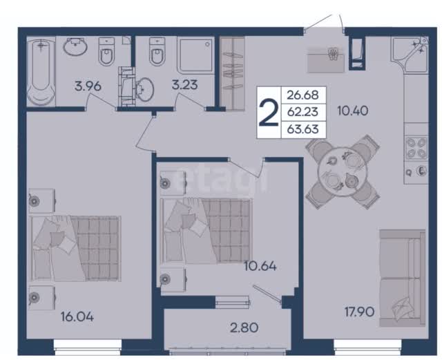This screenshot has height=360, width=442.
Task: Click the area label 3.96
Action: pyautogui.click(x=88, y=86)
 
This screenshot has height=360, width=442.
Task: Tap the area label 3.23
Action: pyautogui.click(x=184, y=84)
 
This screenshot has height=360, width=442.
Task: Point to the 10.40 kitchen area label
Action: pyautogui.click(x=353, y=111)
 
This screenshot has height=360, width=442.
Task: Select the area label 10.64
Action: pyautogui.click(x=260, y=266)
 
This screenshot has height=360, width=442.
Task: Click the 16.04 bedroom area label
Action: pyautogui.click(x=77, y=317)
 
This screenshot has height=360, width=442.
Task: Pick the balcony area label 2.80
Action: pyautogui.click(x=244, y=328)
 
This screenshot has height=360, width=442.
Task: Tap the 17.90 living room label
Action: pyautogui.click(x=359, y=312)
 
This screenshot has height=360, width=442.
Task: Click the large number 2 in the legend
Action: pyautogui.click(x=269, y=113)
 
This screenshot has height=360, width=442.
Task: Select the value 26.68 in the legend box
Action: pyautogui.click(x=302, y=95)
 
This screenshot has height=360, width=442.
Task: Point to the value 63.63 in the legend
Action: pyautogui.click(x=302, y=129)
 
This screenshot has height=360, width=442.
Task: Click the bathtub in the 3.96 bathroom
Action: pyautogui.click(x=41, y=72)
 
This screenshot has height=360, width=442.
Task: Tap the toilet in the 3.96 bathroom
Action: pyautogui.click(x=106, y=52)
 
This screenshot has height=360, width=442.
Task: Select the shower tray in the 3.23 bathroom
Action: pyautogui.click(x=195, y=55)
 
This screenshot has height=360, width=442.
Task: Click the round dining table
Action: pyautogui.click(x=343, y=172)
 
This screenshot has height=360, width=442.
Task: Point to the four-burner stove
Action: pyautogui.click(x=416, y=148)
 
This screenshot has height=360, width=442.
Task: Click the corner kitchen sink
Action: pyautogui.click(x=414, y=50)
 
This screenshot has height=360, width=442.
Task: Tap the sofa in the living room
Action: pyautogui.click(x=402, y=278)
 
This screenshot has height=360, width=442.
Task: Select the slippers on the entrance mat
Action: pyautogui.click(x=334, y=54)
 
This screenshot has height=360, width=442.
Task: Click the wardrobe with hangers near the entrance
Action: pyautogui.click(x=232, y=73)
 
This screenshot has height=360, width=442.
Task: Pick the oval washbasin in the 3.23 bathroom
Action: pyautogui.click(x=144, y=89)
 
